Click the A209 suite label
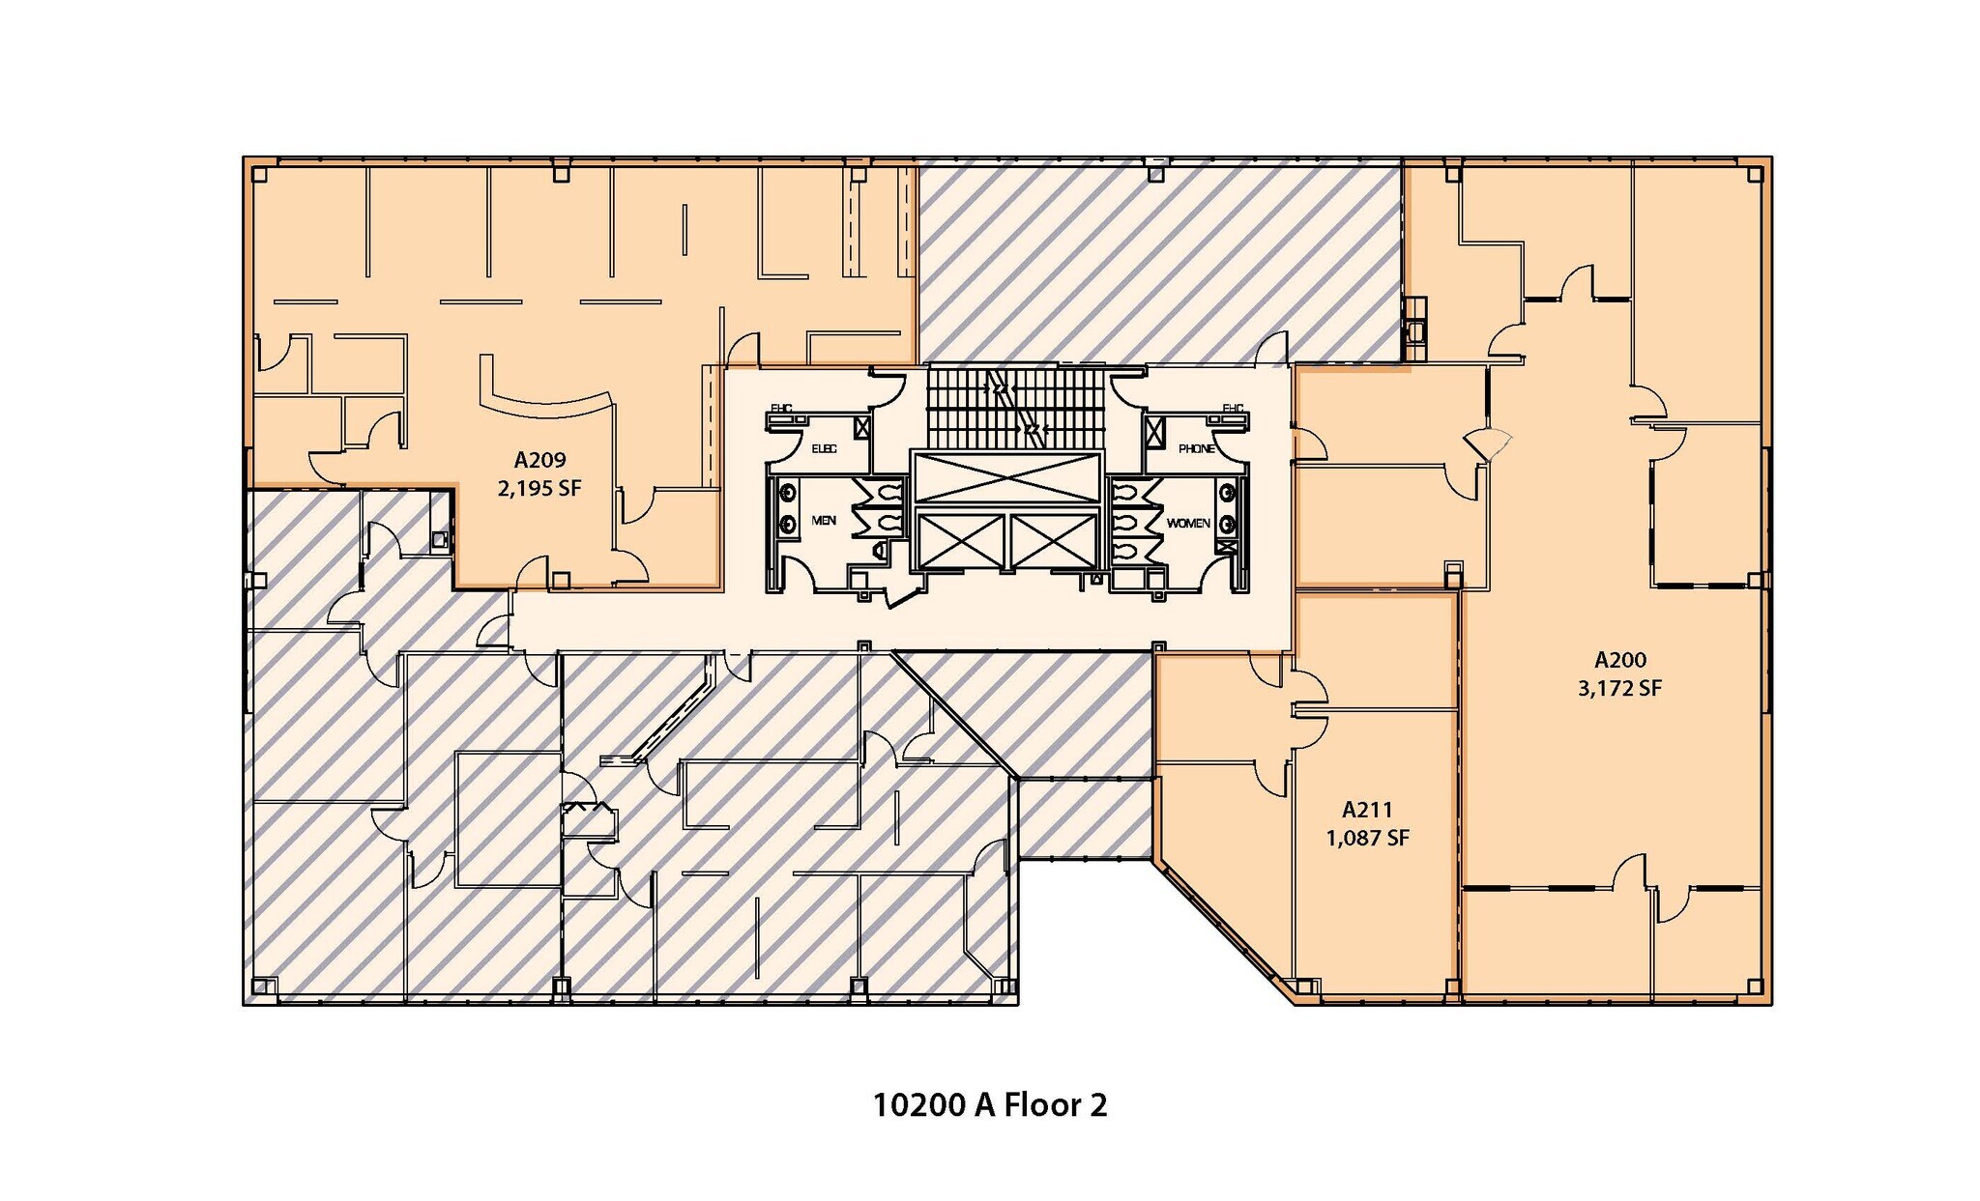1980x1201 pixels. pyautogui.click(x=539, y=460)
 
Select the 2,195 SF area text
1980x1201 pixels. pyautogui.click(x=539, y=489)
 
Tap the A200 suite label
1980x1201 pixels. pyautogui.click(x=1619, y=660)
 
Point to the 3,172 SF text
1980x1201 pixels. pyautogui.click(x=1619, y=689)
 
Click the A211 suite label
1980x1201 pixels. pyautogui.click(x=1367, y=810)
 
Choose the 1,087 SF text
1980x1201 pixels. pyautogui.click(x=1367, y=838)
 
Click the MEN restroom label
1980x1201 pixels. pyautogui.click(x=824, y=521)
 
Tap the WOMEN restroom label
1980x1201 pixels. pyautogui.click(x=1187, y=523)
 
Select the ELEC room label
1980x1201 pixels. pyautogui.click(x=824, y=449)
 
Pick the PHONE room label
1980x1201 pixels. pyautogui.click(x=1196, y=449)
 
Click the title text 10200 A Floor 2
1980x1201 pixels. pyautogui.click(x=989, y=1104)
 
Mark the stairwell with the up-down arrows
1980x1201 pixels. pyautogui.click(x=1014, y=407)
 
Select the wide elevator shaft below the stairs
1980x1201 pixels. pyautogui.click(x=1006, y=478)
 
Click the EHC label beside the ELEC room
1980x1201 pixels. pyautogui.click(x=781, y=409)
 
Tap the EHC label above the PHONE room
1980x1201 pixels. pyautogui.click(x=1232, y=409)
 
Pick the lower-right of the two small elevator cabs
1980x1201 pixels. pyautogui.click(x=1054, y=541)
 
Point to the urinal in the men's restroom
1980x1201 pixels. pyautogui.click(x=879, y=551)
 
